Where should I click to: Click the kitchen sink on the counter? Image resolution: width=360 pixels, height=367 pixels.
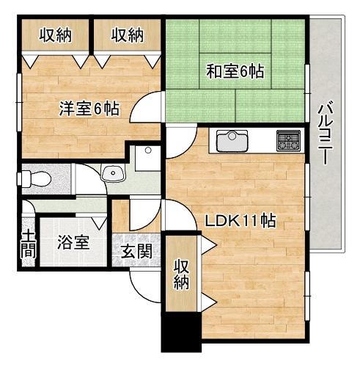[232, 141]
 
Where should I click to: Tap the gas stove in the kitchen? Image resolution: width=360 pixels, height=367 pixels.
[288, 140]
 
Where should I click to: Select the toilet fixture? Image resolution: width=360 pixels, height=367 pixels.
[34, 179]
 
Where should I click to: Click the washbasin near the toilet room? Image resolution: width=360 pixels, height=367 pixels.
[113, 172]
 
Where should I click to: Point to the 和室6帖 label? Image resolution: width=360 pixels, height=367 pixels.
[235, 71]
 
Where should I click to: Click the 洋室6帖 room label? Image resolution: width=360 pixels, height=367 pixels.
[89, 109]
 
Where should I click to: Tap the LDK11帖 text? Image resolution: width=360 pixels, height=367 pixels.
[240, 220]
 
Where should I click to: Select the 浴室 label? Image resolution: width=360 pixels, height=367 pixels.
[73, 242]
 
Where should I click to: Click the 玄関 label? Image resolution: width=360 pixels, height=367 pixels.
[136, 251]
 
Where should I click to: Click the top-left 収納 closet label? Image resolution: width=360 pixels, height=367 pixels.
[56, 35]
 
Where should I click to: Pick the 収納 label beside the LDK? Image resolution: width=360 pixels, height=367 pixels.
[181, 275]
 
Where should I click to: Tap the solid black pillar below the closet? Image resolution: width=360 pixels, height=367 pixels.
[181, 331]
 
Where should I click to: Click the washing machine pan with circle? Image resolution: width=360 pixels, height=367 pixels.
[148, 159]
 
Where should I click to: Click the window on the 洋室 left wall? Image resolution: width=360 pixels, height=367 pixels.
[19, 102]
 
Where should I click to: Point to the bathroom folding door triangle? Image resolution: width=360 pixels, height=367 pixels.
[100, 223]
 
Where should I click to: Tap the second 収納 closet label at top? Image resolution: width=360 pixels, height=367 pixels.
[128, 35]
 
